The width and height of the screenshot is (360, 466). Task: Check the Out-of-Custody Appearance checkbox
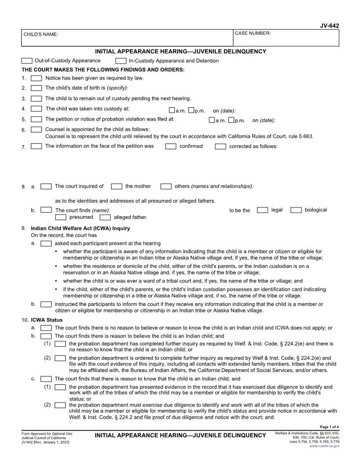pyautogui.click(x=27, y=61)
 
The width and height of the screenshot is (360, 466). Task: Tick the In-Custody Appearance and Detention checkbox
pyautogui.click(x=121, y=61)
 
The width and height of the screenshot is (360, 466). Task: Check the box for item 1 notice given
pyautogui.click(x=37, y=78)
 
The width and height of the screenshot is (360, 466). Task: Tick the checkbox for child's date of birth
pyautogui.click(x=37, y=88)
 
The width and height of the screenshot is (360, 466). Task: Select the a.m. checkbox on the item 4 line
pyautogui.click(x=172, y=110)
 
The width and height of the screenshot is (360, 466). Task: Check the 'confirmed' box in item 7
pyautogui.click(x=171, y=147)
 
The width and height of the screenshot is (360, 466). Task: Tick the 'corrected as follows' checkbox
pyautogui.click(x=221, y=147)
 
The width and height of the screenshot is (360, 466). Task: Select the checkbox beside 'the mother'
pyautogui.click(x=116, y=187)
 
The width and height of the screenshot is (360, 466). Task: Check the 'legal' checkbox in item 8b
pyautogui.click(x=262, y=210)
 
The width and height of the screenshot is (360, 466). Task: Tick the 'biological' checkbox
pyautogui.click(x=296, y=210)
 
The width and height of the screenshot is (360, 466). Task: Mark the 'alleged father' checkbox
pyautogui.click(x=105, y=217)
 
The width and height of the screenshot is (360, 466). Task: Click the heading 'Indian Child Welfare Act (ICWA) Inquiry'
pyautogui.click(x=80, y=229)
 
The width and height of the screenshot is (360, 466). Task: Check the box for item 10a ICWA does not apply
pyautogui.click(x=46, y=328)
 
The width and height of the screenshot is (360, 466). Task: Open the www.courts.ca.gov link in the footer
pyautogui.click(x=325, y=446)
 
